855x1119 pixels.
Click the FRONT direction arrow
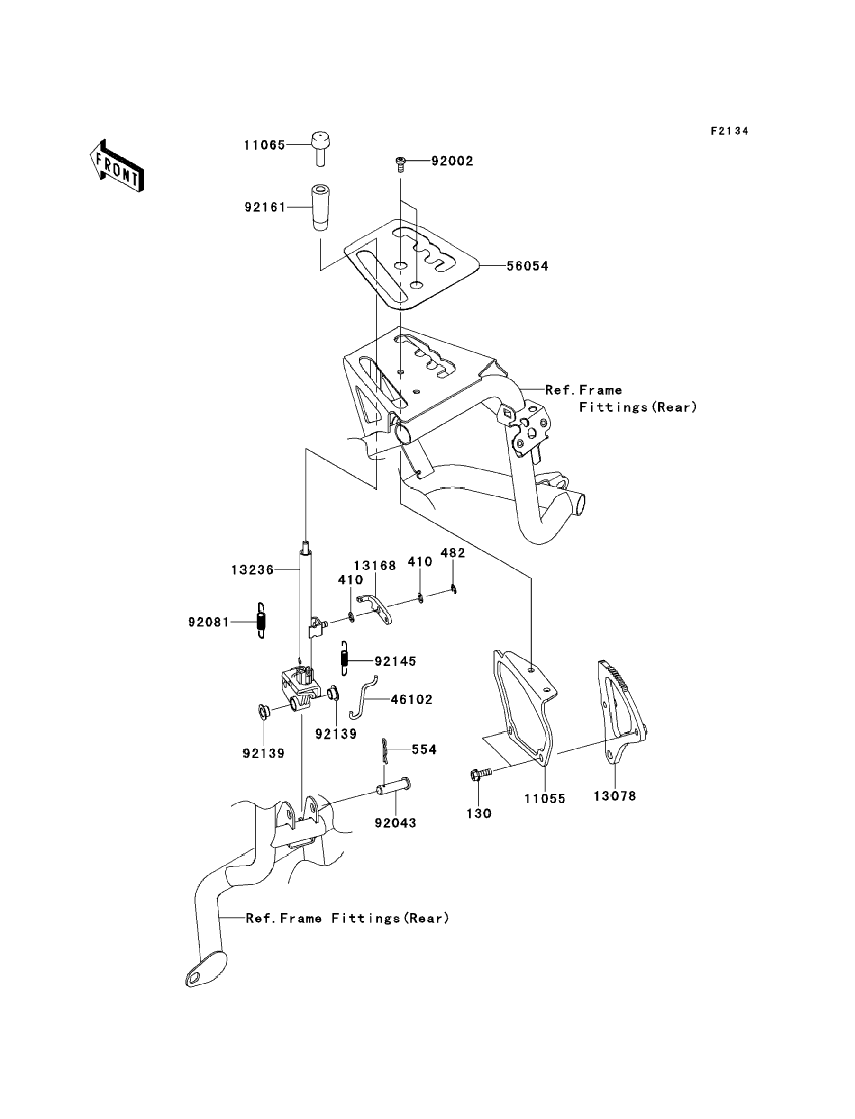point(116,166)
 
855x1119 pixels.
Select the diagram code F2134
point(729,131)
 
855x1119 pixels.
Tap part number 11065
point(264,145)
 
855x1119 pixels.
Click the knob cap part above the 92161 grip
point(320,149)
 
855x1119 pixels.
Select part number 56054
point(527,266)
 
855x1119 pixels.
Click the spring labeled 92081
point(261,621)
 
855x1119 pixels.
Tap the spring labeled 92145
point(345,658)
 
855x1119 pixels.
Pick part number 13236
point(253,570)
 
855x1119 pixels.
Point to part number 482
point(453,552)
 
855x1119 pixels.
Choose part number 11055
point(545,799)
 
